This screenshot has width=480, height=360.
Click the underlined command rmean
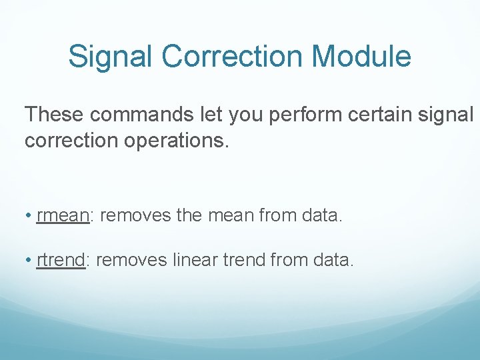[63, 217]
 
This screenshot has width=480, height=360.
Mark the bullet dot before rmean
[30, 217]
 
